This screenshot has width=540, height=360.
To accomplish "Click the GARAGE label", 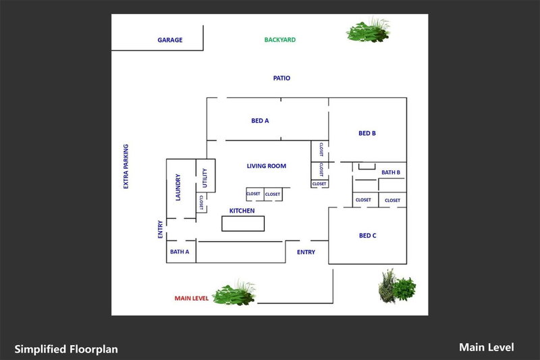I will pos(170,40).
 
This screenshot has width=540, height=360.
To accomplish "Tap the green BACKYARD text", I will pos(279,40).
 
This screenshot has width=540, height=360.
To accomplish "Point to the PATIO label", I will pos(281,78).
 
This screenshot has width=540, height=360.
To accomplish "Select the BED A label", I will pos(261,121).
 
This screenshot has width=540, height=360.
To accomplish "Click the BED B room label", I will pos(367,134).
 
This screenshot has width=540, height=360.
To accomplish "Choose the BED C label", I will pos(367,236).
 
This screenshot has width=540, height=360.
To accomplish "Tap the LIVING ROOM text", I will pos(266,165).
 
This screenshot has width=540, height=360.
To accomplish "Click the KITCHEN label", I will pos(242,211).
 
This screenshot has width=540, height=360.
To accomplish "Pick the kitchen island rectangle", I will pos(243,224).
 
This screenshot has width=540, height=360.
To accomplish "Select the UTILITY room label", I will pos(205,178).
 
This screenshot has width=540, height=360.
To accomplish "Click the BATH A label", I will pos(180,252).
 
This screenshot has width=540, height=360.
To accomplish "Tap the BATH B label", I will pos(391,173).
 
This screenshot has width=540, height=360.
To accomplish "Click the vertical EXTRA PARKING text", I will pos(126,166).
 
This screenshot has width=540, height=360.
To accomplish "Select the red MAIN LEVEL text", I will pos(192,298).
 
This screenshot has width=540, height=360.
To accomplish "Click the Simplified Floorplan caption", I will pos(66,349).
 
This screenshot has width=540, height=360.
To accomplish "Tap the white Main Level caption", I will pos(486,347).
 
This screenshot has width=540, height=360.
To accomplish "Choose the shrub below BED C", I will pos(396,286).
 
